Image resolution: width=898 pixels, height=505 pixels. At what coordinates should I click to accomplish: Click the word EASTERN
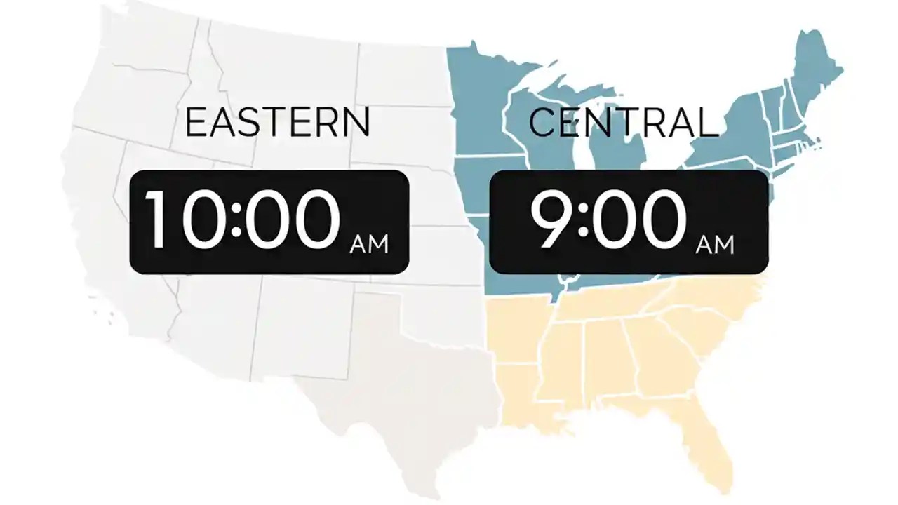pos(277,122)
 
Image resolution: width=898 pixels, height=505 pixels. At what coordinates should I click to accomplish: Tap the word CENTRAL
pos(624,122)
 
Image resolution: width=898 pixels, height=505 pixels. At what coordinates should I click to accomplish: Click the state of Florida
pos(709,435)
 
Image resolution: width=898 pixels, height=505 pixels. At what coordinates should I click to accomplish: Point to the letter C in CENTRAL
pos(543,122)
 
